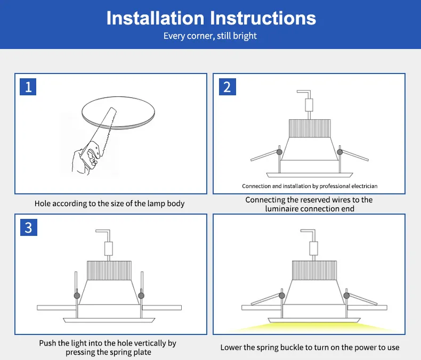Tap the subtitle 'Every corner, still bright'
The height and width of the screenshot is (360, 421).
[x=210, y=36]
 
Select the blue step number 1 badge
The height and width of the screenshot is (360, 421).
[x=28, y=86]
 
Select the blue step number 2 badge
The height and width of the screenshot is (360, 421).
[x=227, y=86]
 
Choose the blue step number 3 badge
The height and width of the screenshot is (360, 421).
[x=28, y=227]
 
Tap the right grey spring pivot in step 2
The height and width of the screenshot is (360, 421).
[x=339, y=152]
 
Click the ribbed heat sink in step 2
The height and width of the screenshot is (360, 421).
[x=309, y=128]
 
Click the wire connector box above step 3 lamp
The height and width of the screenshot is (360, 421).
[x=109, y=248]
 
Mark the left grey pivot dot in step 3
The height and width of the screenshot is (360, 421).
[x=76, y=295]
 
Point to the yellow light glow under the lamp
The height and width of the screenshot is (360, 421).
[x=309, y=326]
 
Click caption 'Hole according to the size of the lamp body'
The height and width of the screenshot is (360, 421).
[x=110, y=203]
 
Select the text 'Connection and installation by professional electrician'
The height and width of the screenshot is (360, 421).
[x=310, y=186]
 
